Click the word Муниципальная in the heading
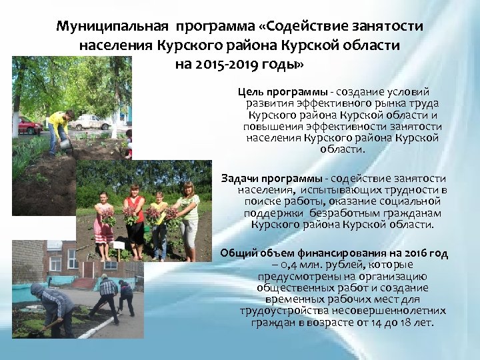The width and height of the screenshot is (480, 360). click(x=111, y=27)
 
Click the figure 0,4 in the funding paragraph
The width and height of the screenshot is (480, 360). click(x=280, y=265)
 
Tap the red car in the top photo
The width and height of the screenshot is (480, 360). click(x=29, y=125)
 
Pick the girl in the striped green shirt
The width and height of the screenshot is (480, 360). click(x=187, y=217)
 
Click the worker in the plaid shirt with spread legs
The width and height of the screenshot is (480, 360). click(x=106, y=296)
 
